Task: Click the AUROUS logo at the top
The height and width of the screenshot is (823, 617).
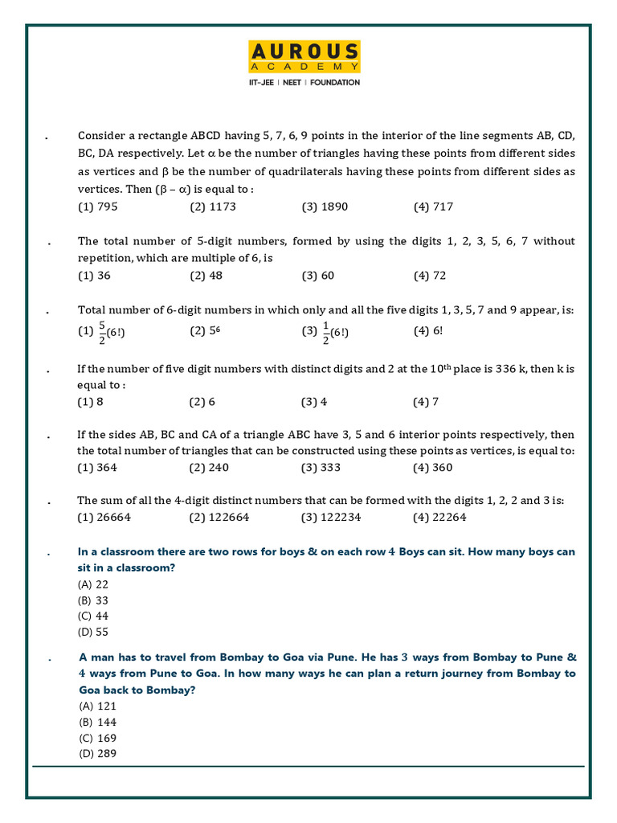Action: point(304,57)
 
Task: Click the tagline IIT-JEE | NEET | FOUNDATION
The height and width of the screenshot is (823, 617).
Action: point(304,83)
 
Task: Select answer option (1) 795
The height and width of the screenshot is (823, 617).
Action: point(97,207)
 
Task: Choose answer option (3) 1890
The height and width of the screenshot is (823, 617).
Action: point(325,207)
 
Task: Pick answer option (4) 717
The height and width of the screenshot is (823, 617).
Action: point(434,207)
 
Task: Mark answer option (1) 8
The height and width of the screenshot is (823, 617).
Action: point(91,402)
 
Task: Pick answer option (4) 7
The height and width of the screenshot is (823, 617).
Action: point(426,402)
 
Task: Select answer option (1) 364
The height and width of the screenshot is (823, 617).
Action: point(97,468)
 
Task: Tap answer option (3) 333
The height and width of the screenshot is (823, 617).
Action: point(321,468)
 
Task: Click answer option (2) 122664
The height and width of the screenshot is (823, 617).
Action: point(219,518)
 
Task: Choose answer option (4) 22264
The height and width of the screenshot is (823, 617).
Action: point(440,518)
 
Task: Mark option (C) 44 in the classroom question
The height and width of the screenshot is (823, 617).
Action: point(93,616)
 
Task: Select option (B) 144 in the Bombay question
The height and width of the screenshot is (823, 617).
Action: point(97,722)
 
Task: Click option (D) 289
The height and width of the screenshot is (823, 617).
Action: point(97,753)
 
